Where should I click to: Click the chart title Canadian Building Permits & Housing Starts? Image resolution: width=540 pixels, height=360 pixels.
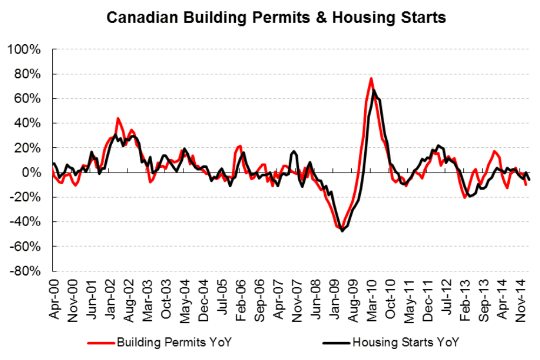point(276,17)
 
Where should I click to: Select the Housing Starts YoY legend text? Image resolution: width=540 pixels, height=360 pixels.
point(408,342)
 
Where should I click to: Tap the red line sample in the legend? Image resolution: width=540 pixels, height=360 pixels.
point(99,342)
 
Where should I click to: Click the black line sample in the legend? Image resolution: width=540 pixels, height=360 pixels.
point(335,342)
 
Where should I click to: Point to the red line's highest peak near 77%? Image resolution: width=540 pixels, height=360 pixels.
point(371,78)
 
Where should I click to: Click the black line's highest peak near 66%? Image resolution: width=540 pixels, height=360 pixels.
point(374,90)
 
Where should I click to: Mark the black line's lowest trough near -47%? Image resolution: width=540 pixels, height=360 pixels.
point(342,231)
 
